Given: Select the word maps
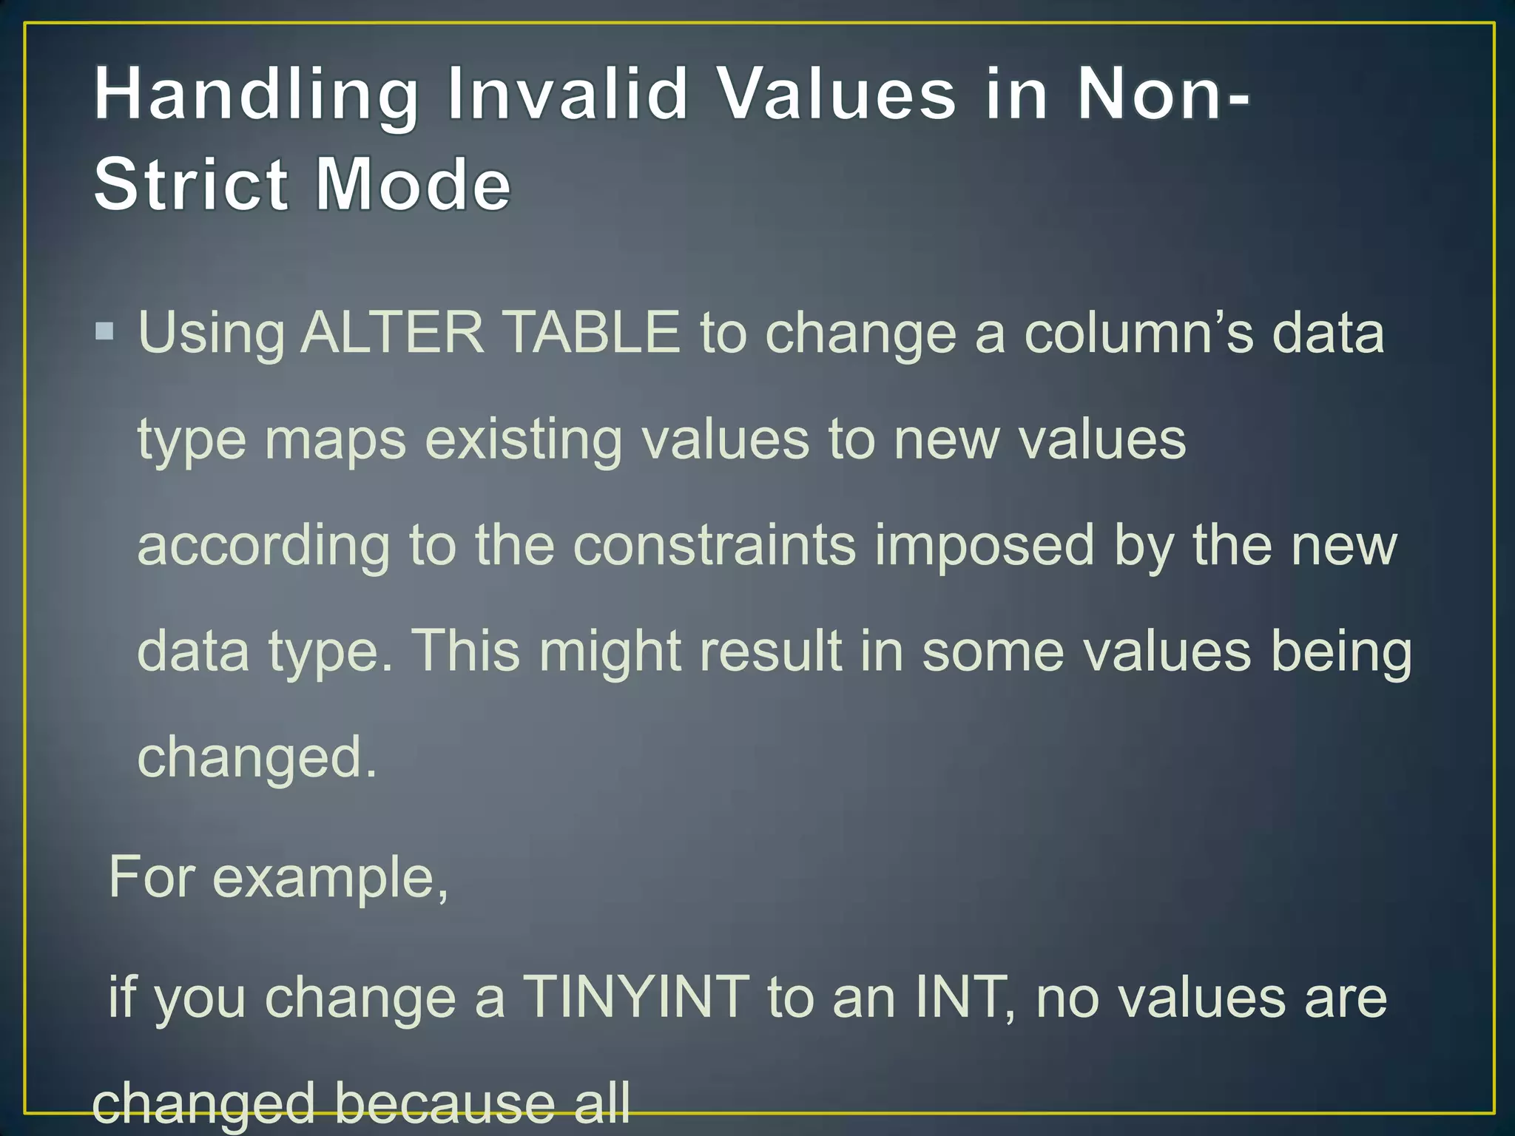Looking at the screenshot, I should pyautogui.click(x=335, y=440).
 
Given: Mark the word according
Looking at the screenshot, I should pyautogui.click(x=263, y=546).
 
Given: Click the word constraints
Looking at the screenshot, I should pyautogui.click(x=715, y=546).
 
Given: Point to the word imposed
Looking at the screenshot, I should pyautogui.click(x=984, y=546).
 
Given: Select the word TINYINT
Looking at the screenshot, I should pyautogui.click(x=636, y=997).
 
